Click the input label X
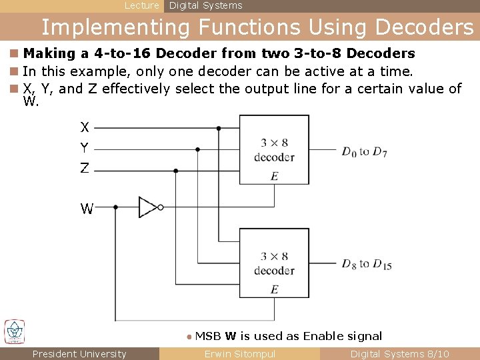pyautogui.click(x=85, y=127)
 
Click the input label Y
pyautogui.click(x=85, y=147)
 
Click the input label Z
pyautogui.click(x=85, y=169)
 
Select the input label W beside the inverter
pyautogui.click(x=87, y=209)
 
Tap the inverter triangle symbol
pyautogui.click(x=148, y=207)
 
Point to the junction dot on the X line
pyautogui.click(x=219, y=128)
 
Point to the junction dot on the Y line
pyautogui.click(x=197, y=149)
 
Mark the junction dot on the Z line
pyautogui.click(x=176, y=171)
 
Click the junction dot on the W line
pyautogui.click(x=116, y=207)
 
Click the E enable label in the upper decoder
pyautogui.click(x=274, y=176)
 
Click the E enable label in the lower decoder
pyautogui.click(x=274, y=289)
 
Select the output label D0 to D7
pyautogui.click(x=364, y=152)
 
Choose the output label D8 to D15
pyautogui.click(x=367, y=264)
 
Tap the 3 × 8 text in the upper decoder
pyautogui.click(x=274, y=143)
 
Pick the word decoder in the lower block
pyautogui.click(x=274, y=271)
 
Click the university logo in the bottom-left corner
pyautogui.click(x=15, y=331)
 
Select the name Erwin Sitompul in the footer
pyautogui.click(x=239, y=354)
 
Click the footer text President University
pyautogui.click(x=79, y=354)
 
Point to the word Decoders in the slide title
pyautogui.click(x=425, y=27)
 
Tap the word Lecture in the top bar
pyautogui.click(x=142, y=5)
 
